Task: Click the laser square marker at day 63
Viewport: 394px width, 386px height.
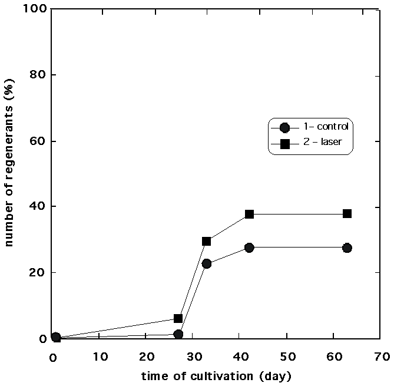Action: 347,213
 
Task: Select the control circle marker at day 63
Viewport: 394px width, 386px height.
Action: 347,248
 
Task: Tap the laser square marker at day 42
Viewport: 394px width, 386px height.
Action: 249,214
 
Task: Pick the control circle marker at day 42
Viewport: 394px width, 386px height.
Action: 249,248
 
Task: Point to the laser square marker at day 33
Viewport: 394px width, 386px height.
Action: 206,241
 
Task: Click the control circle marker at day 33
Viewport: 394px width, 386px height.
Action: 206,263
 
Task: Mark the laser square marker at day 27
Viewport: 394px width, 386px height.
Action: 178,318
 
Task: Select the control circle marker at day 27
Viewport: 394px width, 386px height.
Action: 178,334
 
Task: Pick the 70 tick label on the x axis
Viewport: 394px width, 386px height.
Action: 381,357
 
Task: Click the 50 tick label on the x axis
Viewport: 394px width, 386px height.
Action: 287,357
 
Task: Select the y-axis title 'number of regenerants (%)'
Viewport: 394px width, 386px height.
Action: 10,175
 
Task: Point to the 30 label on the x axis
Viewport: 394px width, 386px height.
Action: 193,357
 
